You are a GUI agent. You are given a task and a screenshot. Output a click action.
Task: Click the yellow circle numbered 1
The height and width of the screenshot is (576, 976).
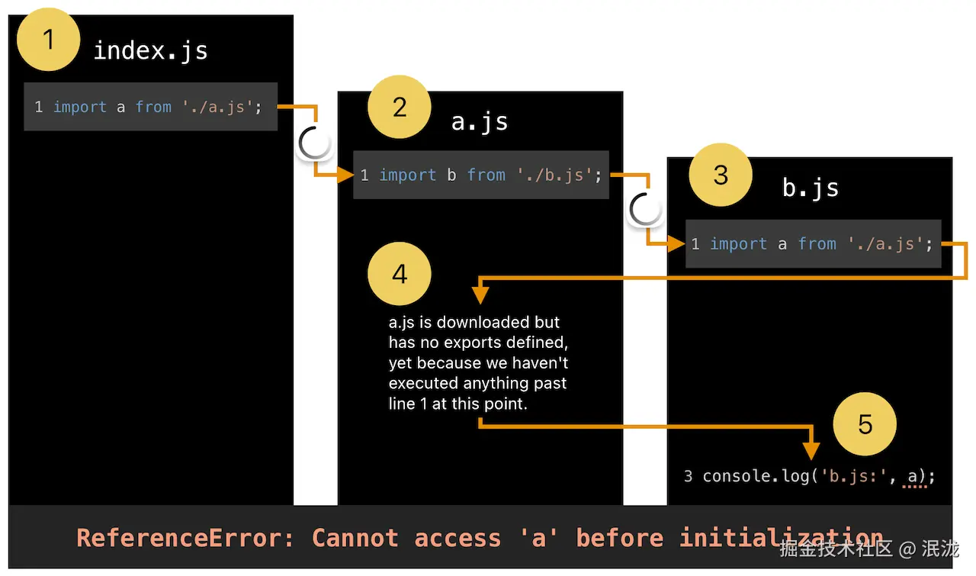pos(49,39)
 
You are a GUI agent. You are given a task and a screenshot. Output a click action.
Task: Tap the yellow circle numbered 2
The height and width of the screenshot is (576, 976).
pos(400,108)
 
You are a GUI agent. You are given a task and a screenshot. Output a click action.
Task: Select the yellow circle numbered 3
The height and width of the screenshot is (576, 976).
pos(721,175)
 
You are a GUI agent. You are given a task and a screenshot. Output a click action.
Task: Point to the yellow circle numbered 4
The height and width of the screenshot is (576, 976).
pos(400,274)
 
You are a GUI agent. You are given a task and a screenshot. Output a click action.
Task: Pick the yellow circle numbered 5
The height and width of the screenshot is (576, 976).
pos(865,424)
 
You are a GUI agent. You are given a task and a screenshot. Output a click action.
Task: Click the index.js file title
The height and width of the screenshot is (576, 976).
pos(150,51)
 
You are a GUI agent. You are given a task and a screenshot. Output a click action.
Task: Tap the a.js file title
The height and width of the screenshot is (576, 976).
pos(480,121)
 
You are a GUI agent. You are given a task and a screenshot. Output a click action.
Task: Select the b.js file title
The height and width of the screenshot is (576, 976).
pos(810,188)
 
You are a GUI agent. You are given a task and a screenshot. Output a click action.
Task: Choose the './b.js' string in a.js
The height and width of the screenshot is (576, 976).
pos(554,175)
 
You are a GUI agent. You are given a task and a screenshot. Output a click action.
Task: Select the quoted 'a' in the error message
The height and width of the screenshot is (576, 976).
pos(539,538)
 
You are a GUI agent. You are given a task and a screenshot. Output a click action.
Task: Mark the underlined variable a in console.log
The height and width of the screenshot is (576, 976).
pos(913,476)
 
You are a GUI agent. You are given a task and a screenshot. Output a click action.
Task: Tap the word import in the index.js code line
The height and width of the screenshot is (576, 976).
pos(80,107)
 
